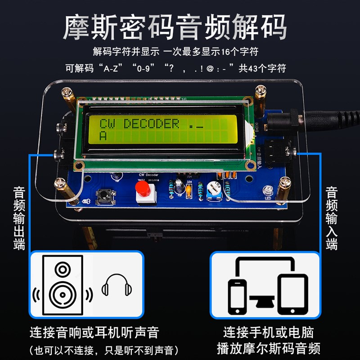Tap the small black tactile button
tap(106, 196)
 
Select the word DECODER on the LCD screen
tap(151, 123)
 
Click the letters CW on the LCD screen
tap(107, 123)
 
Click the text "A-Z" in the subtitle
tap(112, 68)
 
